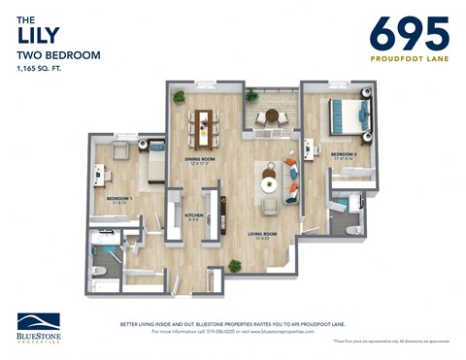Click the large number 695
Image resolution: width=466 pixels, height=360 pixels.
tap(409, 34)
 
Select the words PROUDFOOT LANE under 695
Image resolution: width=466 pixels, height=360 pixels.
tap(409, 58)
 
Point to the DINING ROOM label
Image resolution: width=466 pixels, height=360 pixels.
tap(200, 159)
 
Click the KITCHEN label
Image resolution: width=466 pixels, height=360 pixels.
tap(194, 214)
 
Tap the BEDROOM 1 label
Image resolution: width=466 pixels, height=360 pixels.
tap(119, 199)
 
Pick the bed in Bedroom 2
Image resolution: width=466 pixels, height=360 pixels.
tap(347, 115)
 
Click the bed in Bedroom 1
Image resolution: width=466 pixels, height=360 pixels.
tap(153, 166)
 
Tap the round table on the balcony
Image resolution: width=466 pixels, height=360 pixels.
tap(271, 116)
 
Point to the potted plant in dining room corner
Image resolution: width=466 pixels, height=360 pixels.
tap(179, 97)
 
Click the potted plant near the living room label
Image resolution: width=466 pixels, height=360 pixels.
tap(234, 265)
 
